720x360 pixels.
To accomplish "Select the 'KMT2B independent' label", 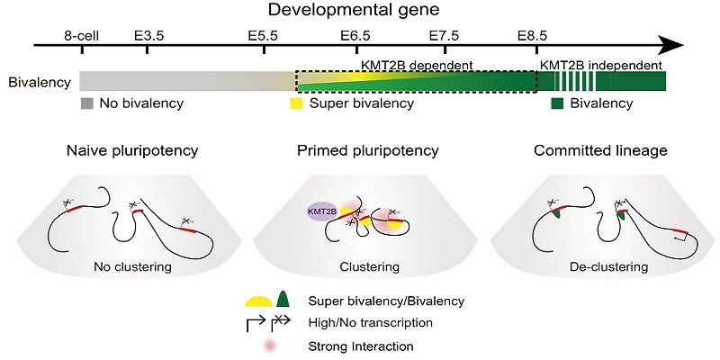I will (x=600, y=66).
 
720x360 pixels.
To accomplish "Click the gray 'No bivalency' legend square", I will (x=86, y=103).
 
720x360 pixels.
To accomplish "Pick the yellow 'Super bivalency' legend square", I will (x=294, y=103).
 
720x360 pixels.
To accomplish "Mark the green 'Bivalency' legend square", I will (x=558, y=103).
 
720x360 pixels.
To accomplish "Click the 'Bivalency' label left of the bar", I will (x=39, y=82).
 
